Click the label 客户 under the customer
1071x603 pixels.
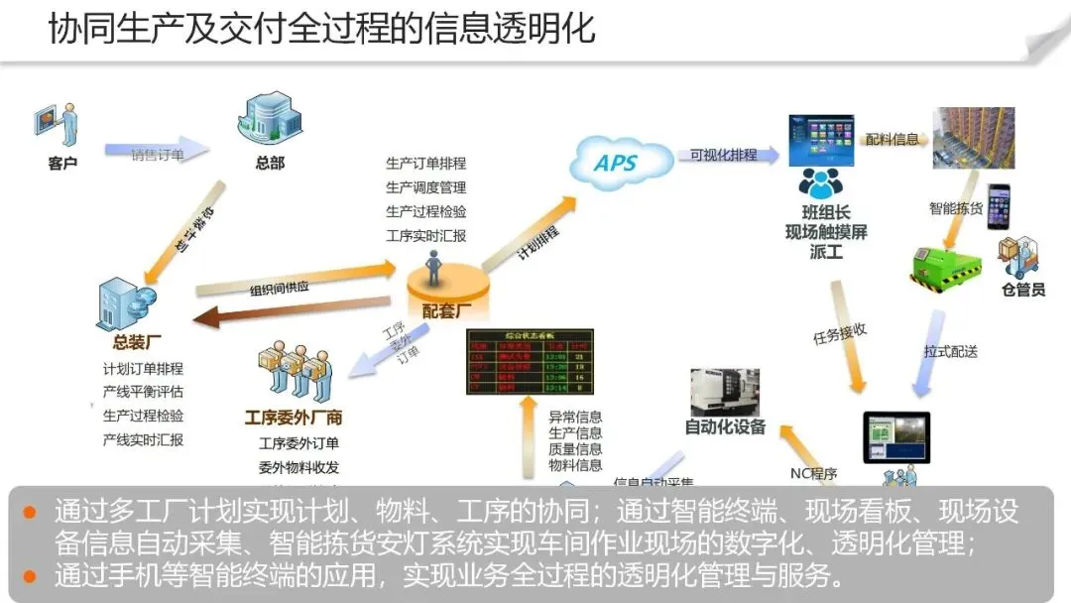(x=61, y=163)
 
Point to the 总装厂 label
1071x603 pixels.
(x=137, y=343)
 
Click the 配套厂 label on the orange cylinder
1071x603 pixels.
(x=446, y=310)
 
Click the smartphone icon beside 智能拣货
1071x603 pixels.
(x=997, y=206)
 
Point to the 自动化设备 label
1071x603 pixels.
(x=725, y=427)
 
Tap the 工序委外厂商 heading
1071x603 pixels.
(x=294, y=418)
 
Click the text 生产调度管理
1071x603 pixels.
(x=425, y=186)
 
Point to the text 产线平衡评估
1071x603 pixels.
(x=143, y=392)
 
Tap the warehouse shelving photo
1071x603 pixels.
(x=973, y=138)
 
